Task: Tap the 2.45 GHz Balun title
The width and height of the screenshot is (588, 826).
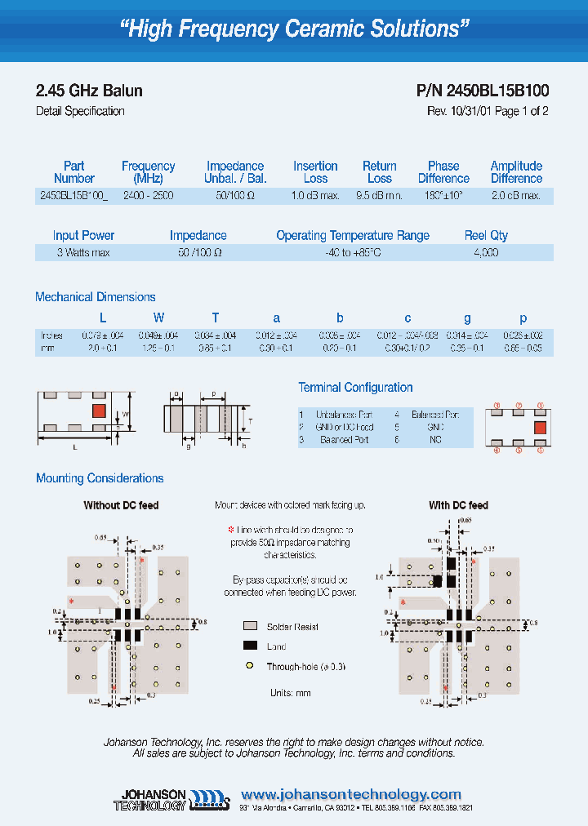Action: point(90,91)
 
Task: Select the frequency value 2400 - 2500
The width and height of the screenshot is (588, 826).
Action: point(148,197)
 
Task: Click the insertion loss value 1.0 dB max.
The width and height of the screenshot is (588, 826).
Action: point(315,197)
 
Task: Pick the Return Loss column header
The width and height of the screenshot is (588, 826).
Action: point(379,172)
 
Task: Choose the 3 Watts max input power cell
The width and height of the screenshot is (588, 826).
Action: point(83,253)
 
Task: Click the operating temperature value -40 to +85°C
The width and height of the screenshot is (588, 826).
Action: point(352,253)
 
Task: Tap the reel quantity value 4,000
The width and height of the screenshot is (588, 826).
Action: point(486,253)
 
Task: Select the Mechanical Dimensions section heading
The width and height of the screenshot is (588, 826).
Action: point(96,297)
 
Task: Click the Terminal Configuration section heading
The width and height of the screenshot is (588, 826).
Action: point(355,388)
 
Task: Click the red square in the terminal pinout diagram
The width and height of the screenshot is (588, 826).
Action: point(539,426)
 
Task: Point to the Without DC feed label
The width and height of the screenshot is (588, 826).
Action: point(121,506)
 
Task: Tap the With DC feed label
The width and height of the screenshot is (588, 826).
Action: point(458,506)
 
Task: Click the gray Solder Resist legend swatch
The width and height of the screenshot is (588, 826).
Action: point(250,627)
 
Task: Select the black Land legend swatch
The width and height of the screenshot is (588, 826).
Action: point(250,646)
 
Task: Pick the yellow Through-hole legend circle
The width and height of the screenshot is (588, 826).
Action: point(250,667)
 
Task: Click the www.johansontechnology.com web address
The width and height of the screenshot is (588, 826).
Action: point(351,794)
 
